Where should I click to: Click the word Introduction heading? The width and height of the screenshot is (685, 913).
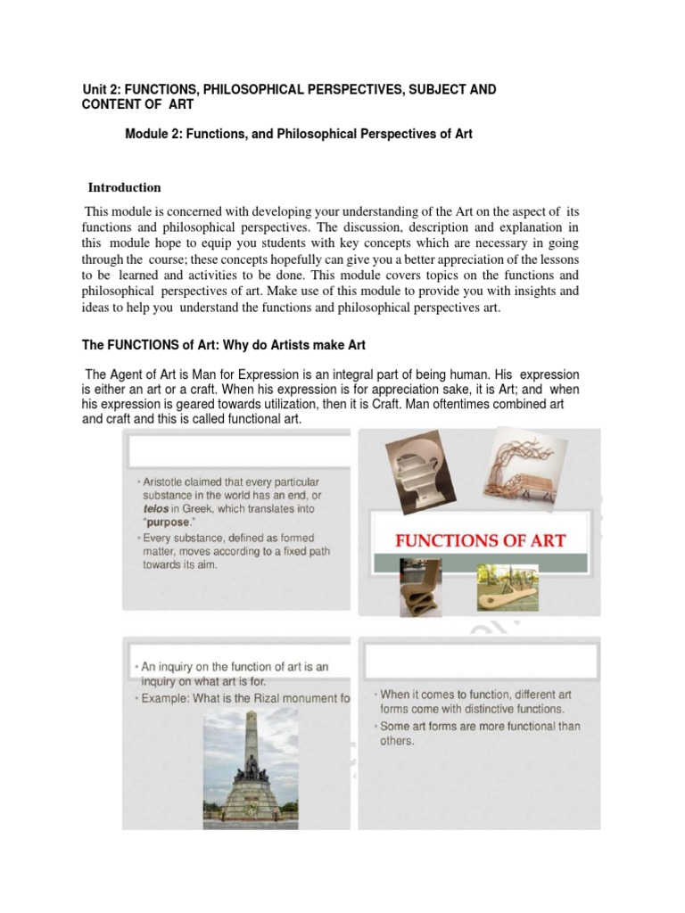click(x=124, y=187)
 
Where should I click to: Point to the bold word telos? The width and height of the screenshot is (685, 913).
click(x=160, y=509)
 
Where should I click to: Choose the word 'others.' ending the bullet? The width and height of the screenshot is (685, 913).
click(x=398, y=741)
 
